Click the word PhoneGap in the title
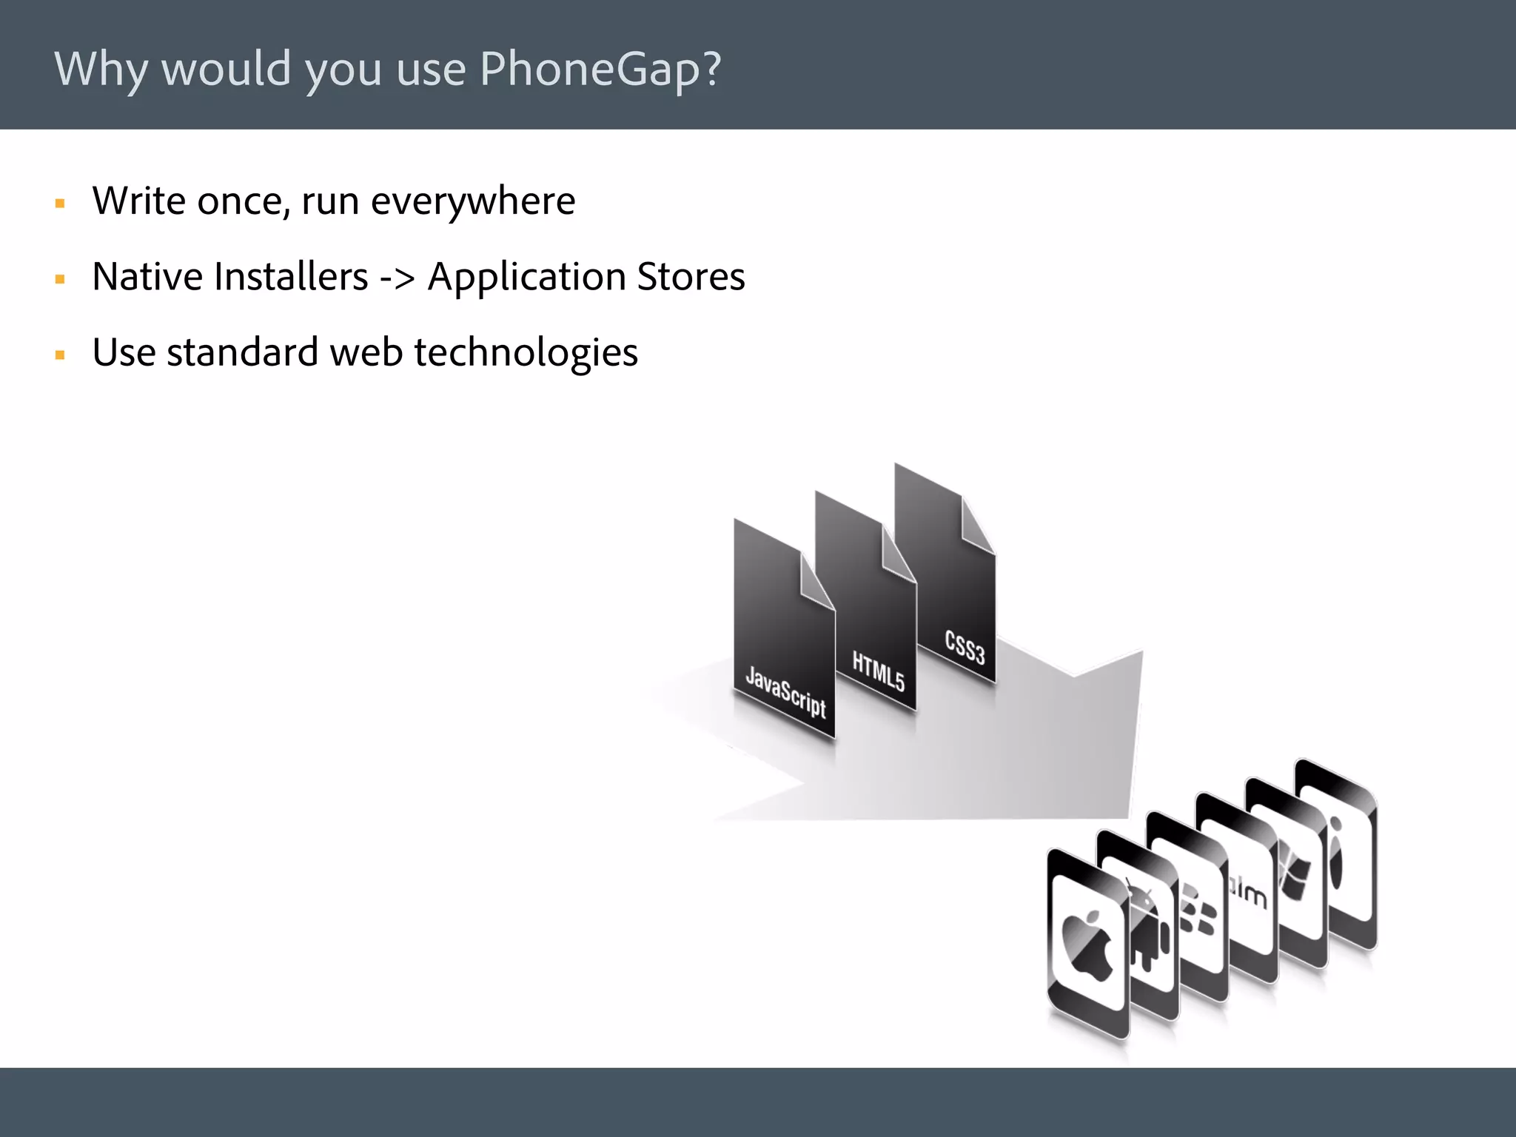(600, 70)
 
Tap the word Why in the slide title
(101, 70)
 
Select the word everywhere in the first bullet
(472, 201)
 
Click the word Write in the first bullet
(138, 201)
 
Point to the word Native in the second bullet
(147, 277)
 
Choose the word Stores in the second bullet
(691, 277)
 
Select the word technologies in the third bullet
(526, 353)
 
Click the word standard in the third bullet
(242, 352)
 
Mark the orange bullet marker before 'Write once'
(61, 204)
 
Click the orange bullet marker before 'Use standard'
(61, 355)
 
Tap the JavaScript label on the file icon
(785, 692)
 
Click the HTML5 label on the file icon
(879, 671)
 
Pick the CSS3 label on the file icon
(965, 646)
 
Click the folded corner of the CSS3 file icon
(977, 525)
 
